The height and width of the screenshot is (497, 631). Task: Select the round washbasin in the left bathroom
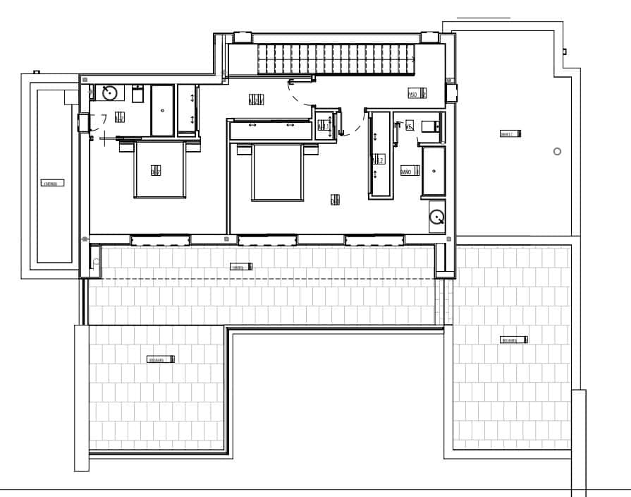coord(109,92)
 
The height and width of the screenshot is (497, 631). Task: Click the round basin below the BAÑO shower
coord(437,216)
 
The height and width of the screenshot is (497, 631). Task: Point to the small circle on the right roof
coord(557,151)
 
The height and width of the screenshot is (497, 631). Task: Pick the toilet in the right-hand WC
coord(429,126)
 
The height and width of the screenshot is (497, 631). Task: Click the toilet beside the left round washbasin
coord(138,92)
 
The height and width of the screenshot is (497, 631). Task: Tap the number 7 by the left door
coord(104,119)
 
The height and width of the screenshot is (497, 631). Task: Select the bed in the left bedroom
coord(160,169)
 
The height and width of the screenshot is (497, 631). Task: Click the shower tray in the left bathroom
coord(162,110)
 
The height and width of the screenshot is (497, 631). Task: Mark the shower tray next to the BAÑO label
coord(434,171)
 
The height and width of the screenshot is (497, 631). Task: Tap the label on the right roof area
coord(509,133)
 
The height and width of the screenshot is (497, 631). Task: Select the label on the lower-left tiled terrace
coord(160,359)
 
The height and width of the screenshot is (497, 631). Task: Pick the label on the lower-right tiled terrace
coord(514,340)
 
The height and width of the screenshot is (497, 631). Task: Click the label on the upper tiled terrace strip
coord(241,267)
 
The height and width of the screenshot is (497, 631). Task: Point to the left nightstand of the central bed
coord(244,150)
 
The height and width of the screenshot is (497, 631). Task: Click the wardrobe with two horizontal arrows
coord(270,130)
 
